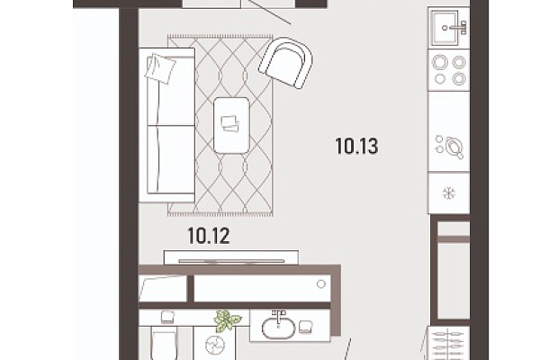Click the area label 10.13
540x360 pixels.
click(356, 146)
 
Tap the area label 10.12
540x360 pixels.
click(209, 236)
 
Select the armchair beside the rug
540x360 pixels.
click(286, 63)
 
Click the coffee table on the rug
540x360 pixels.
click(231, 125)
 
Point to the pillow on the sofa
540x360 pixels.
click(160, 68)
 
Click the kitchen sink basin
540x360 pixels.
click(444, 28)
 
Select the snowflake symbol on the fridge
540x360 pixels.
click(449, 193)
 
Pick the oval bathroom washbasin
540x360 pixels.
click(278, 328)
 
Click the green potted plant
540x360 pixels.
click(227, 320)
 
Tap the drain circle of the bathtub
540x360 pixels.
click(321, 283)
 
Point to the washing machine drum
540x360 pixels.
click(215, 345)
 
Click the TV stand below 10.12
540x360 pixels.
click(231, 257)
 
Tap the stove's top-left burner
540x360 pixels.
click(440, 63)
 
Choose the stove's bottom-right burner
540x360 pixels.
click(459, 78)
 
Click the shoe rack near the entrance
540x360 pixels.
click(448, 343)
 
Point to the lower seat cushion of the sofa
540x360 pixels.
click(171, 158)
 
